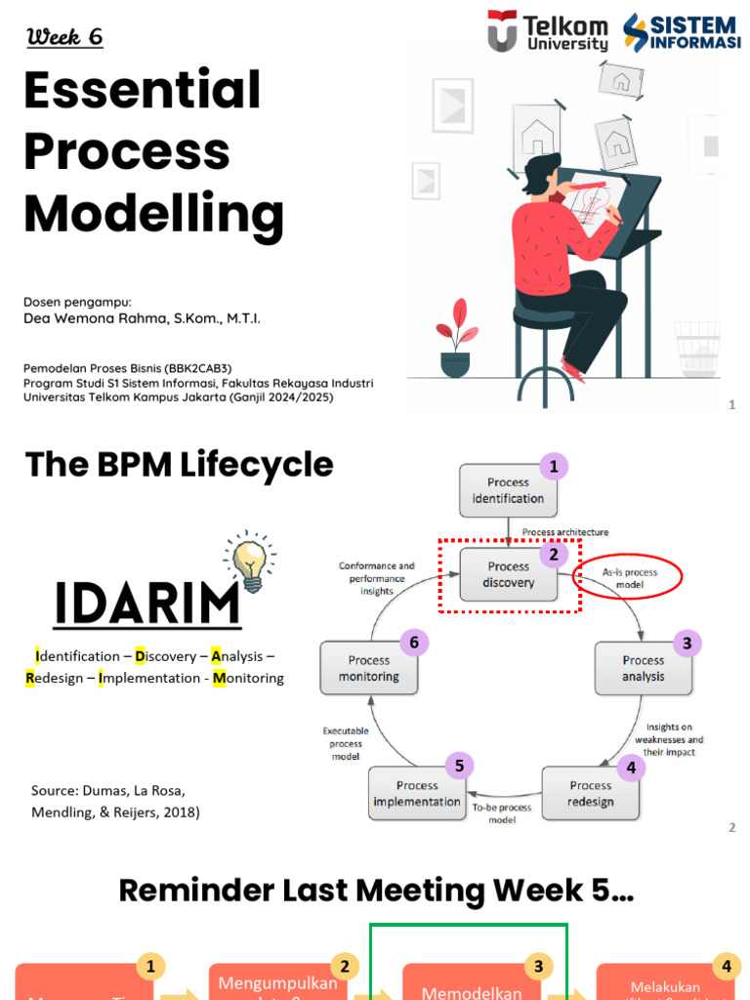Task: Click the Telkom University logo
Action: [x=548, y=31]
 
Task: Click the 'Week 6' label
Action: [x=64, y=37]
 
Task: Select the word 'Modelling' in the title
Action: [x=153, y=212]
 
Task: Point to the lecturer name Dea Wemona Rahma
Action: [x=142, y=318]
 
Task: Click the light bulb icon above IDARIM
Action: [x=250, y=562]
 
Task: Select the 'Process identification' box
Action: [x=508, y=490]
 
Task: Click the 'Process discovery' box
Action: [x=509, y=574]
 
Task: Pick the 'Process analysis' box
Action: [x=643, y=668]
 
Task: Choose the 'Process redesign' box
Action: [x=591, y=793]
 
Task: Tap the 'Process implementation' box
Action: [x=417, y=793]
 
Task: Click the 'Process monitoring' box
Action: [x=368, y=668]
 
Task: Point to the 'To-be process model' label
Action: [x=501, y=813]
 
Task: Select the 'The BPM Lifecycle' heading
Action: [x=179, y=465]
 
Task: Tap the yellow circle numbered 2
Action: [x=344, y=967]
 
